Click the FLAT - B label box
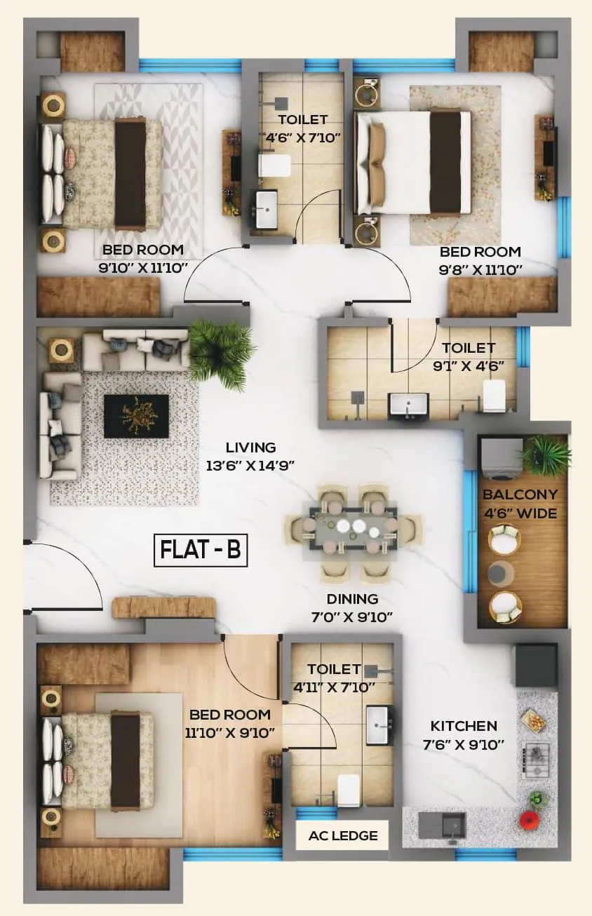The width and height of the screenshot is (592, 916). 201,550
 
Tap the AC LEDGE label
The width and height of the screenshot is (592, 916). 343,835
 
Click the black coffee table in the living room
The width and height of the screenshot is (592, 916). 136,415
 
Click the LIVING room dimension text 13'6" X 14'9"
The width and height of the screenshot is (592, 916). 250,464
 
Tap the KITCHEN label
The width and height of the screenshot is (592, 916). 464,726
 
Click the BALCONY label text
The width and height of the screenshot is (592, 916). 520,494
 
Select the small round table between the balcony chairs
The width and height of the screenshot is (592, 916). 502,572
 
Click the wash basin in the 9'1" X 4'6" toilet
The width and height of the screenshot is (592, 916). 408,405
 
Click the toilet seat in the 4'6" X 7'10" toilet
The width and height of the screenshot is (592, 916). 275,167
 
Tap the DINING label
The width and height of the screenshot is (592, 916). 352,599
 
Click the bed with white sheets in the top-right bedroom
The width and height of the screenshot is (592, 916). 413,162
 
